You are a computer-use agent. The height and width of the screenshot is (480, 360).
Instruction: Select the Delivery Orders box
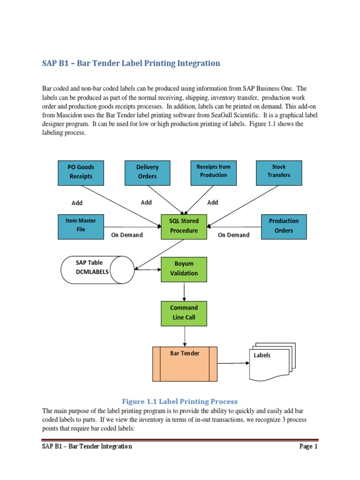[x=147, y=172]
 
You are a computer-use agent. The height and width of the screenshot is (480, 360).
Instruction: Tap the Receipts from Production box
[x=213, y=172]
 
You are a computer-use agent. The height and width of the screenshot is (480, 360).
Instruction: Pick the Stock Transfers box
[x=279, y=172]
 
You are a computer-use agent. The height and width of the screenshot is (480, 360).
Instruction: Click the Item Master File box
[x=81, y=225]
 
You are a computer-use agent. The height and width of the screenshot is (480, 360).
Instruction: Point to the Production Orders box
[x=284, y=226]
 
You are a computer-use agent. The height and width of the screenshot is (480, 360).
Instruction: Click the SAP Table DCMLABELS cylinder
[x=97, y=270]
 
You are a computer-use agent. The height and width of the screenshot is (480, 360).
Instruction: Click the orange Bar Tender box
[x=185, y=364]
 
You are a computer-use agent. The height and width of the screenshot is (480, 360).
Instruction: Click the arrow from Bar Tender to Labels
[x=232, y=363]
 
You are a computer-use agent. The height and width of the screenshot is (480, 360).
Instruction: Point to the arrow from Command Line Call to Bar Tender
[x=185, y=336]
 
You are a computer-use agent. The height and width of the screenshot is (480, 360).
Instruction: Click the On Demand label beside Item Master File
[x=127, y=235]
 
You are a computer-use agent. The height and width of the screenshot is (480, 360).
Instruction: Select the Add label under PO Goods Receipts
[x=77, y=203]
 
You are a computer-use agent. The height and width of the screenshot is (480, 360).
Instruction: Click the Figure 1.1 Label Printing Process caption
[x=180, y=402]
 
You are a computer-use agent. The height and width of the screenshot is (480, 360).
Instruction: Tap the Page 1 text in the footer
[x=308, y=447]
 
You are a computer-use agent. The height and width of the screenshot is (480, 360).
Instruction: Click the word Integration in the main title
[x=197, y=63]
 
